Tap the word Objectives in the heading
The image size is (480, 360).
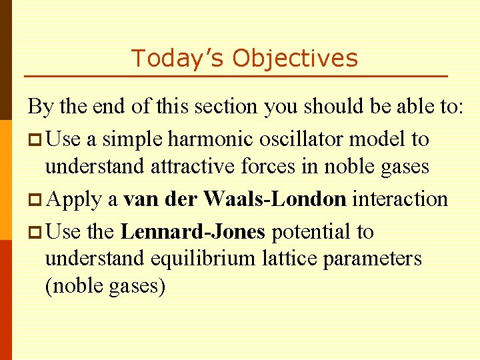pos(295,59)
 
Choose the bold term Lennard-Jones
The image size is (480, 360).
pos(193,231)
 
